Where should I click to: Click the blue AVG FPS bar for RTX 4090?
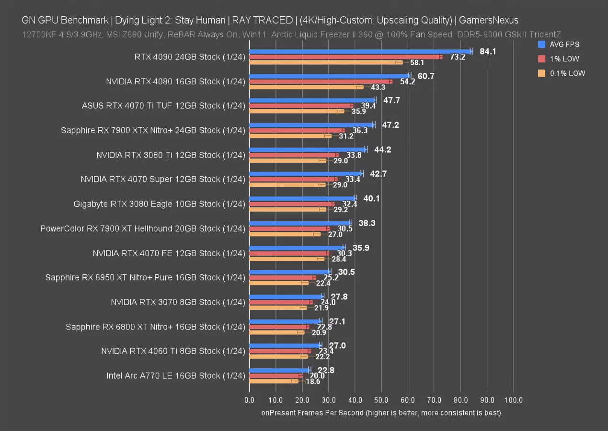coord(359,51)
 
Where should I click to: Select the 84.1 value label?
coord(488,51)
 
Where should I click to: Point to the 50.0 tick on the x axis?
coord(381,400)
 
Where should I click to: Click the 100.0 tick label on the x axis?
coord(514,400)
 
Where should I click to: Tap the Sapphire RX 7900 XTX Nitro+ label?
coord(153,130)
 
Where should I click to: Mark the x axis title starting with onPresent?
coord(381,412)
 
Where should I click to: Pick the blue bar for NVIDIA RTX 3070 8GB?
coord(287,296)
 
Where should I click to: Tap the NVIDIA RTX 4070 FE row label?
coord(169,253)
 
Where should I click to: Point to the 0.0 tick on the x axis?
coord(249,400)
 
